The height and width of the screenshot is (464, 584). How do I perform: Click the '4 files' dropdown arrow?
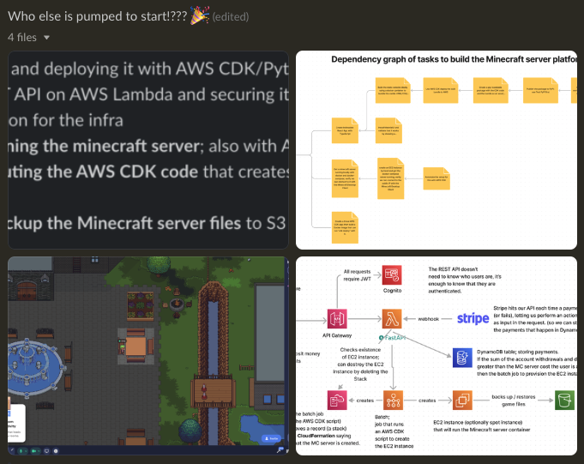pyautogui.click(x=46, y=38)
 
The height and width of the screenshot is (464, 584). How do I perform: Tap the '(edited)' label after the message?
pyautogui.click(x=232, y=16)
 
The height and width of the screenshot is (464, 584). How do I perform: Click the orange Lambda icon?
pyautogui.click(x=393, y=319)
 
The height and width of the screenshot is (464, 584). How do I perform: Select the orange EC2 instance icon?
pyautogui.click(x=462, y=400)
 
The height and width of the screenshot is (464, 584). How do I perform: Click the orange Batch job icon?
pyautogui.click(x=394, y=400)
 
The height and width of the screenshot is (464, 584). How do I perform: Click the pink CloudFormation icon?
pyautogui.click(x=336, y=400)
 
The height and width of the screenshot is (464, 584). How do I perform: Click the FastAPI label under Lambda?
pyautogui.click(x=395, y=338)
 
